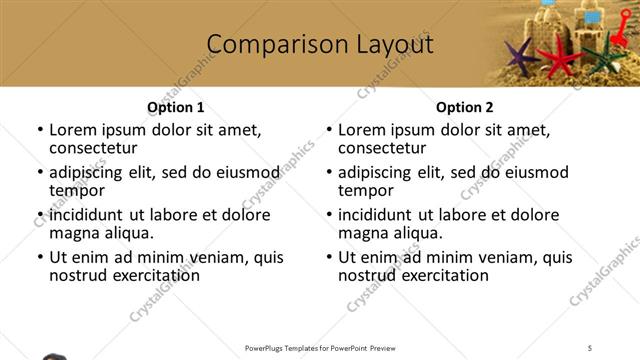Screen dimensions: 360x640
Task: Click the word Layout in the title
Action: click(x=391, y=45)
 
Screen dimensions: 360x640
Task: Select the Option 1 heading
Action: click(x=176, y=107)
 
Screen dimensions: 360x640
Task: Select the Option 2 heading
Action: click(x=464, y=107)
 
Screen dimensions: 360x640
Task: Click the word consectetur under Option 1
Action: click(x=91, y=149)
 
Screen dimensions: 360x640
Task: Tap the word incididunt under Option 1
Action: click(x=86, y=215)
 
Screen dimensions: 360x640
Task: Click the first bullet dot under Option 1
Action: click(x=39, y=130)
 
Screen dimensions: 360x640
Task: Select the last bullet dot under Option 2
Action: click(x=328, y=257)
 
